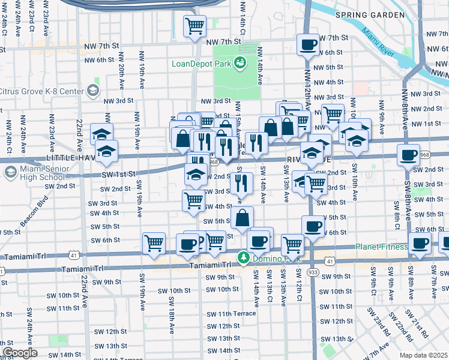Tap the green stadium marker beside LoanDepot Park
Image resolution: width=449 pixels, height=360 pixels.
coord(240,62)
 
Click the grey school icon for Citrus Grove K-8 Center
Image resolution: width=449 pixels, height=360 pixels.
coord(92,91)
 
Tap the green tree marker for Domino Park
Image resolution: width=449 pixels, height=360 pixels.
coord(243,258)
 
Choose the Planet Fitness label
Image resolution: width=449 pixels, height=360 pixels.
coord(381,247)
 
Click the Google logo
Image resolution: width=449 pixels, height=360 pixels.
coord(20,353)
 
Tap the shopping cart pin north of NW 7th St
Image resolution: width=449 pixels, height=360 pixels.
coord(194,26)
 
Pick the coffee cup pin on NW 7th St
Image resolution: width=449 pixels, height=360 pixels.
coord(309,44)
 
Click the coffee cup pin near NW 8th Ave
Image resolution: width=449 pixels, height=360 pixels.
coord(408,155)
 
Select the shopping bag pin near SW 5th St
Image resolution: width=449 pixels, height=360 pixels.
coord(242,218)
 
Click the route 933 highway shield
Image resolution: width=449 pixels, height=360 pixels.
coord(313,272)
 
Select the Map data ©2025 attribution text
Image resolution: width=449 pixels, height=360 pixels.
coord(424,355)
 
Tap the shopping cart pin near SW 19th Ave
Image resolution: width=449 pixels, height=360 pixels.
coord(154,243)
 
